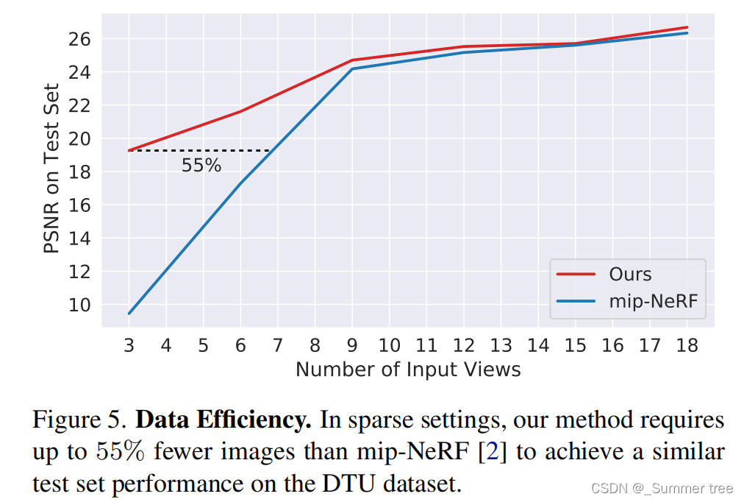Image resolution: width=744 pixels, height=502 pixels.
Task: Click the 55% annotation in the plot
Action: click(201, 166)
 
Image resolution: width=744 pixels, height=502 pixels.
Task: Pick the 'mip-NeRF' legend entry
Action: click(650, 300)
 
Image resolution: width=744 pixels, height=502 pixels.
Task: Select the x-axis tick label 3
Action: click(129, 345)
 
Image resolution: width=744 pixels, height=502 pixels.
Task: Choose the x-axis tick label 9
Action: click(352, 345)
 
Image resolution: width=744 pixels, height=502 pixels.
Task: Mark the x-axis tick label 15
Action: click(575, 345)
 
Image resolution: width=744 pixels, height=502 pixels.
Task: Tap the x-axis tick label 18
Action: click(687, 345)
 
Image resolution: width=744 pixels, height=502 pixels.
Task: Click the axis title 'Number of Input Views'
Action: click(408, 369)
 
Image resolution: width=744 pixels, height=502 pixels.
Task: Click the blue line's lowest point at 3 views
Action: click(129, 314)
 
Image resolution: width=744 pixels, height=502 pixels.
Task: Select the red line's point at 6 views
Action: click(240, 111)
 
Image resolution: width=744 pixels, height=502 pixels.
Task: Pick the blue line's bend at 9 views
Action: click(352, 69)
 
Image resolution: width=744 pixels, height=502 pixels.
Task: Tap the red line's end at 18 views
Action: click(687, 27)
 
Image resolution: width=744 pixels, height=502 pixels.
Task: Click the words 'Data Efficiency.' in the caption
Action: click(224, 420)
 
